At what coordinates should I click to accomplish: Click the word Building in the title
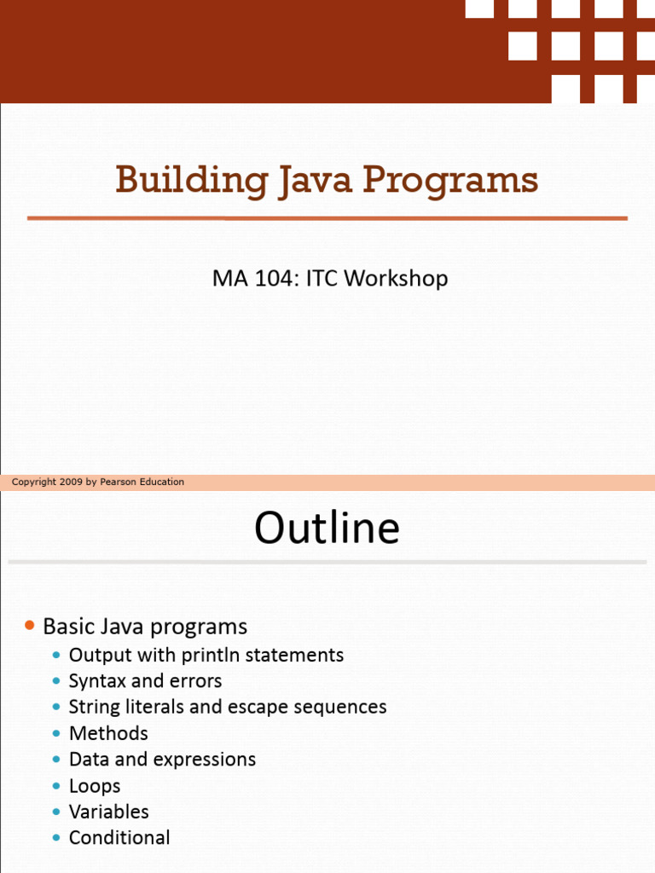tap(192, 181)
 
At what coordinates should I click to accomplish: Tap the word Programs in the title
tap(450, 181)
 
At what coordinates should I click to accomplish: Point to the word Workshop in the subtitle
tap(396, 279)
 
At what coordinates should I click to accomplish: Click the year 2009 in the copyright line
tap(71, 483)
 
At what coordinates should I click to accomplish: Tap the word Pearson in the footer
tap(118, 483)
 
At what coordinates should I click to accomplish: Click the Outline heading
tap(327, 527)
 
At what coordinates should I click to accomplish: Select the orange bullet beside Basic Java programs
tap(30, 626)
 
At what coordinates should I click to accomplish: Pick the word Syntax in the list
tap(97, 681)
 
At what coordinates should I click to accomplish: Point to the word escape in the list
tap(258, 708)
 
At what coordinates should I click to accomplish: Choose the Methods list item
tap(108, 733)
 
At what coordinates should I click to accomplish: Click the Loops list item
tap(95, 786)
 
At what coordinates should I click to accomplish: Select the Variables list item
tap(109, 812)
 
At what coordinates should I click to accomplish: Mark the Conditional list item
tap(119, 837)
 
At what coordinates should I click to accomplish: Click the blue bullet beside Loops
tap(56, 786)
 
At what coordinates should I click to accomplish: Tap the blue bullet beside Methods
tap(56, 734)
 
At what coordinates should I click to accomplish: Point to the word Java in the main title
tap(316, 181)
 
